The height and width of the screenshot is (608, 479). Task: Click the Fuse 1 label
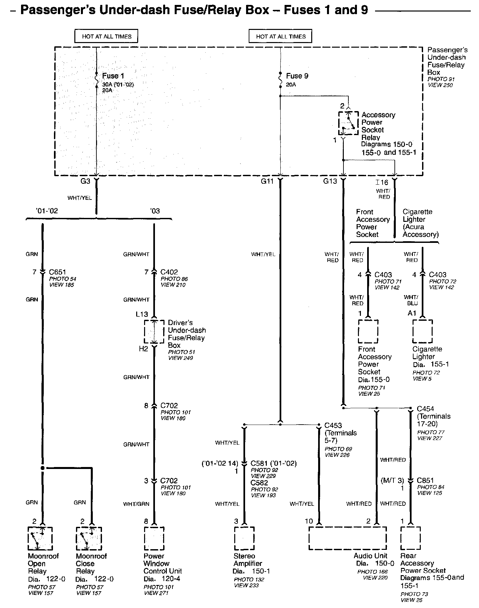coord(113,76)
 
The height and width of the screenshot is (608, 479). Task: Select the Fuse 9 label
coord(297,76)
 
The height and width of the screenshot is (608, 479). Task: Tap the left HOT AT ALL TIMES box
coord(107,36)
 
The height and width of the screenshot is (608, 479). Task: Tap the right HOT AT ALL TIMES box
coord(281,36)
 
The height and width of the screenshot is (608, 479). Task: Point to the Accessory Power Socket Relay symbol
coord(348,123)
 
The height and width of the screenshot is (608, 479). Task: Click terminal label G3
coord(85,181)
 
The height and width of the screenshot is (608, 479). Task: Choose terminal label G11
coord(267,181)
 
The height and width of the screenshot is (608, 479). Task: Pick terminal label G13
coord(330,181)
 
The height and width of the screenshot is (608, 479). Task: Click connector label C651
coord(58,272)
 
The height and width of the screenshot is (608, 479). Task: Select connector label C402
coord(169,272)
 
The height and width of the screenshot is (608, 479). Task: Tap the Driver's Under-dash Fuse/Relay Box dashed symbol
coord(154,331)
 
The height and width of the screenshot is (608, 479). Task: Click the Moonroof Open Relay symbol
coord(40,538)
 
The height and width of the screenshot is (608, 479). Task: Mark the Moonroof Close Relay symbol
coord(89,538)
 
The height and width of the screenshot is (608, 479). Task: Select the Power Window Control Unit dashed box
coord(154,538)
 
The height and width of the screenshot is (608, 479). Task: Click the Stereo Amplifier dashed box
coord(244,538)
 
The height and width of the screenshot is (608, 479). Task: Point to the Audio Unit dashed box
coord(347,538)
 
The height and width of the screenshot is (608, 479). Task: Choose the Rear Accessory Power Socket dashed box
coord(410,538)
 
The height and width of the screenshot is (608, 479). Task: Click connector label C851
coord(425,480)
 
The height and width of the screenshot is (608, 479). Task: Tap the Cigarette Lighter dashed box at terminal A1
coord(422,331)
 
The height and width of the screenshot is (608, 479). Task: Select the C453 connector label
coord(333,426)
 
